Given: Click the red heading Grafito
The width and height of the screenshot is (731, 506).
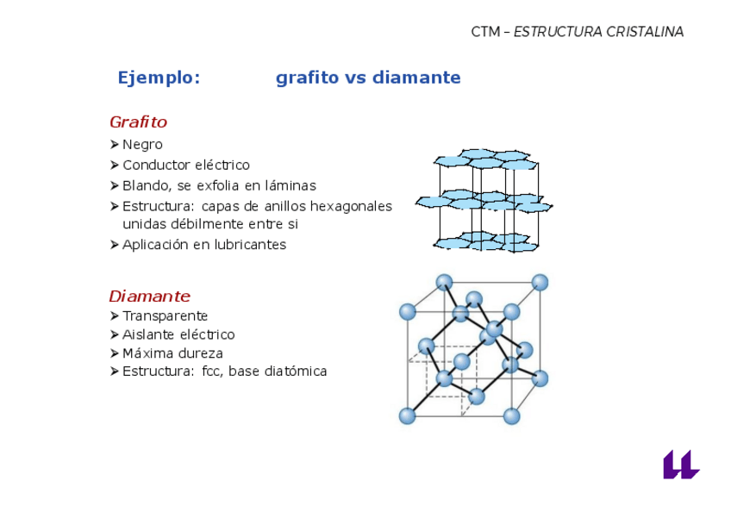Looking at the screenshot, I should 138,122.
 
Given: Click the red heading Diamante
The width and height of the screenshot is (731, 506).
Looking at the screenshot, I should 149,297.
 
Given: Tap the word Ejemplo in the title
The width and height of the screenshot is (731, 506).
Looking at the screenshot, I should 157,78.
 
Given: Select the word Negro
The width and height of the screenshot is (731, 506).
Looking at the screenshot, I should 142,145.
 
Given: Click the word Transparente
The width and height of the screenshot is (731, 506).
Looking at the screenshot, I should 166,316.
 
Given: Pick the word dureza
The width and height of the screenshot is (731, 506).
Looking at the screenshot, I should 203,353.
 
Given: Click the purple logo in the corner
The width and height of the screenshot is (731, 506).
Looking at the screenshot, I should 679,465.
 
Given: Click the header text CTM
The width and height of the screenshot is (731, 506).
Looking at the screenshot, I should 484,32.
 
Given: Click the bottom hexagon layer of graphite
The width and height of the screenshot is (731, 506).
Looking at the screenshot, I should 483,241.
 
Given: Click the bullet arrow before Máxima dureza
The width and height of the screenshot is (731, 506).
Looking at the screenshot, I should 116,353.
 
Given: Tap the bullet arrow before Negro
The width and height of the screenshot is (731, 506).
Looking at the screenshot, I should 116,145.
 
